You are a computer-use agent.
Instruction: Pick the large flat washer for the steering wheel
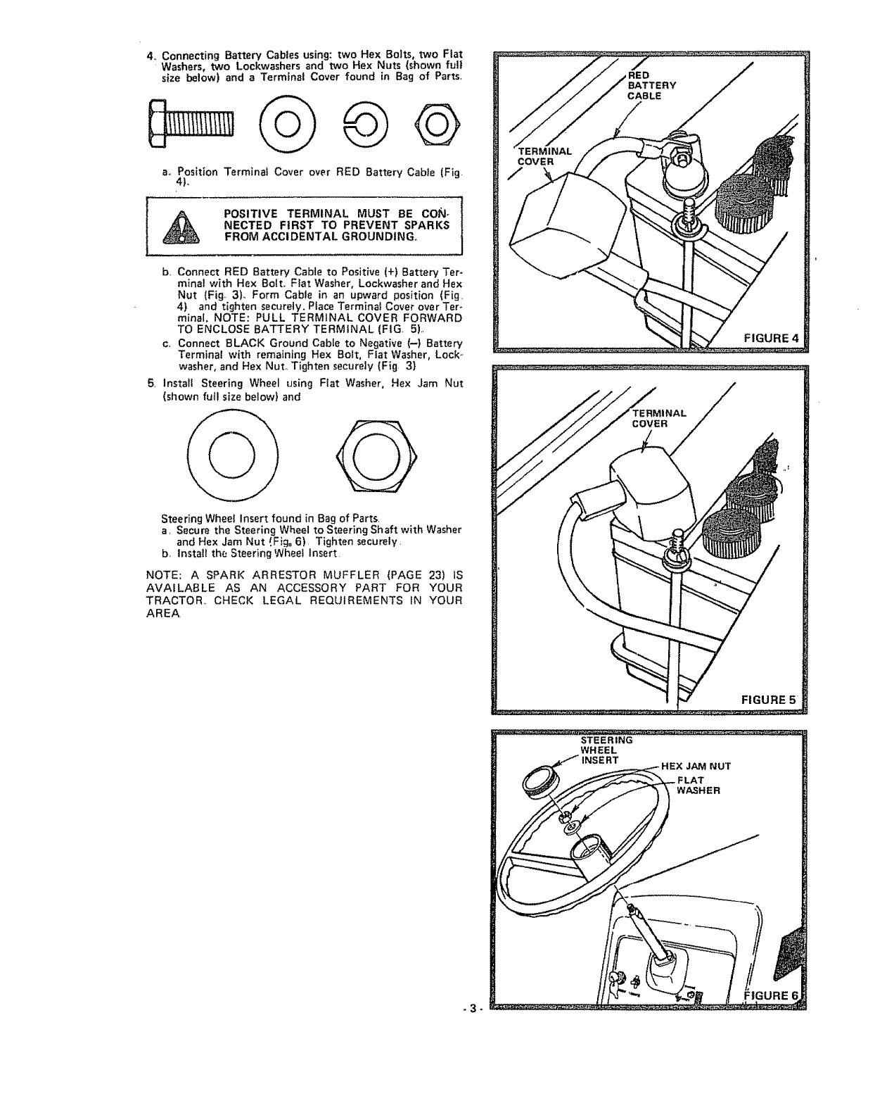(x=234, y=458)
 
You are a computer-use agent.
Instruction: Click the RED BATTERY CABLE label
(x=651, y=85)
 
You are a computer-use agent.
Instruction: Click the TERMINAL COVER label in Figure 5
(x=659, y=419)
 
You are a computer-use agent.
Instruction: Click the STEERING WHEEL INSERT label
(x=606, y=750)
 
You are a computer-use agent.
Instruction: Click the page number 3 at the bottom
(x=475, y=1007)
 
